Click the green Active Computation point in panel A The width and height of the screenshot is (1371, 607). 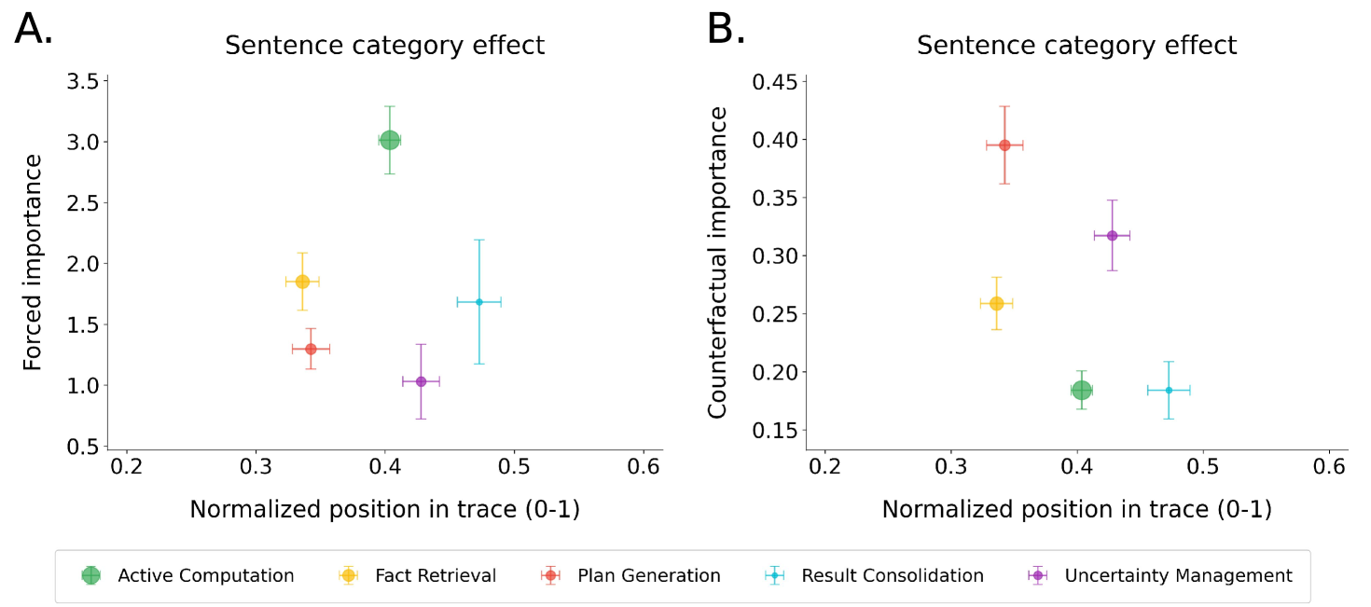tap(390, 140)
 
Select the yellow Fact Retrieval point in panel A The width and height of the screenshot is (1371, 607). tap(302, 282)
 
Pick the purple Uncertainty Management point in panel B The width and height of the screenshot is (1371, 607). tap(1112, 235)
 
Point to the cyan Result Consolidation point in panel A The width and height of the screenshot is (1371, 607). tap(478, 301)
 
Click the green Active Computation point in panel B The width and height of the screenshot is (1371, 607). tap(1081, 390)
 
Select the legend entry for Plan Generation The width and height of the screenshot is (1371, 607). tap(648, 575)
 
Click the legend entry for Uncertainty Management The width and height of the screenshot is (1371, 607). tap(1178, 575)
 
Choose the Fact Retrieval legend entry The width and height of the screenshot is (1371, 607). tap(435, 575)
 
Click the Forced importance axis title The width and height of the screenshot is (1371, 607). tap(33, 263)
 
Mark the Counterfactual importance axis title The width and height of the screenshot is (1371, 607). tap(718, 263)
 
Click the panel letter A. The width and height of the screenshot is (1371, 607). tap(34, 30)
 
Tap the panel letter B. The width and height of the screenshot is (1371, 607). tap(726, 30)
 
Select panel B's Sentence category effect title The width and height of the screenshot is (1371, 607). tap(1076, 45)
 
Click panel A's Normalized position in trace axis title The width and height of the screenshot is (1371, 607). tap(384, 509)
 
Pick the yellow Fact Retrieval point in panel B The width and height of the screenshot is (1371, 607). tap(996, 303)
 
